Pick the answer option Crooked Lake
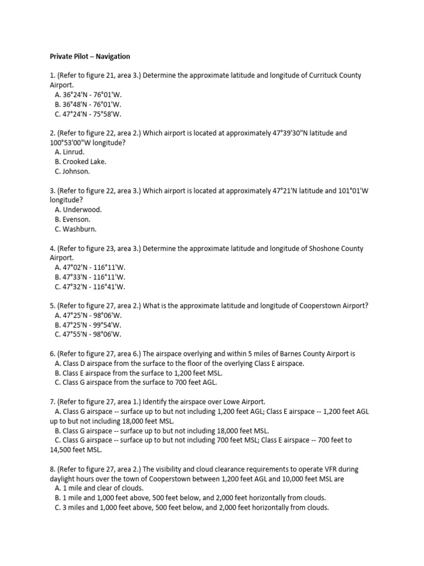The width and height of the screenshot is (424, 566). (x=80, y=162)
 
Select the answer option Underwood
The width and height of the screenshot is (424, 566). (x=78, y=210)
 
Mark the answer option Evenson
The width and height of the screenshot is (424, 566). (x=73, y=219)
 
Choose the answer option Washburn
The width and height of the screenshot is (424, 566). (x=76, y=229)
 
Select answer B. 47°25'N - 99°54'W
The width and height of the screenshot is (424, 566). (x=88, y=325)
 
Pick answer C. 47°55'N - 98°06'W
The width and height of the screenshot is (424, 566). (x=88, y=334)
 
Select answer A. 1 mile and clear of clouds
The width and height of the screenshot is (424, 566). (x=99, y=489)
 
